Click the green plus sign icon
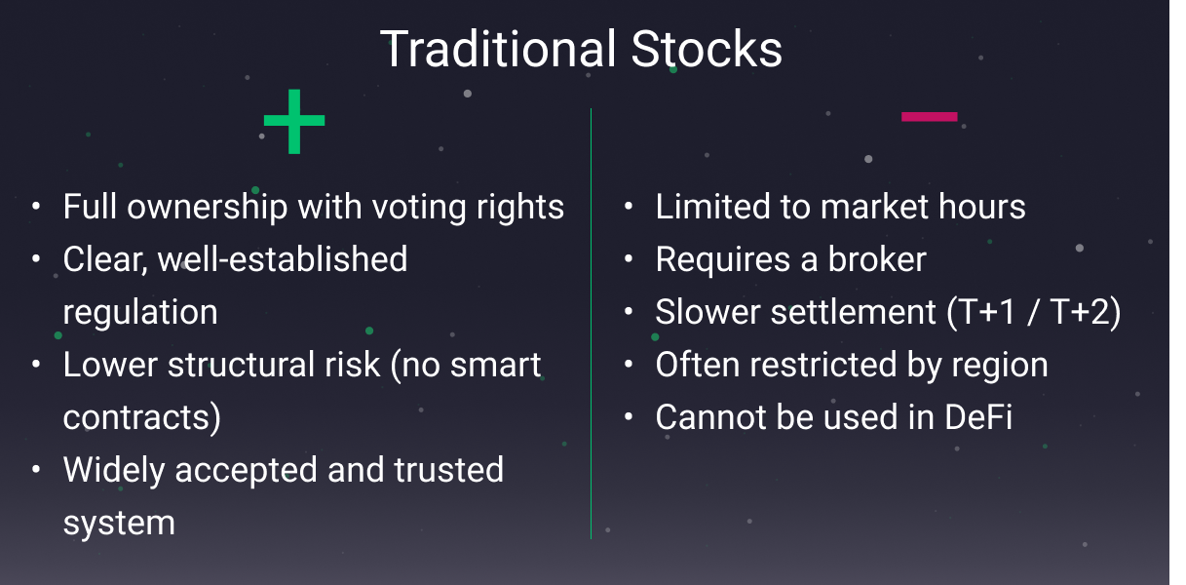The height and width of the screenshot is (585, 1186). pos(293,122)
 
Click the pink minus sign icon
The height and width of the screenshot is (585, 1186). pos(929,117)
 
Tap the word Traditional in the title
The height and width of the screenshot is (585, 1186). pos(498,49)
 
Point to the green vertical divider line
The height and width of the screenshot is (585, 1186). pos(591,322)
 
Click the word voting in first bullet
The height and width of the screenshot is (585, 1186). pos(401,207)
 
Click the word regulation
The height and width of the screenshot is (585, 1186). pos(140,312)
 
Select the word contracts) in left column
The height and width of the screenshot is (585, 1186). pos(142,417)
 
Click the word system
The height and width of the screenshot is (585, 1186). pos(119,524)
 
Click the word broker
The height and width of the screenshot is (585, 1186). pos(877,259)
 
